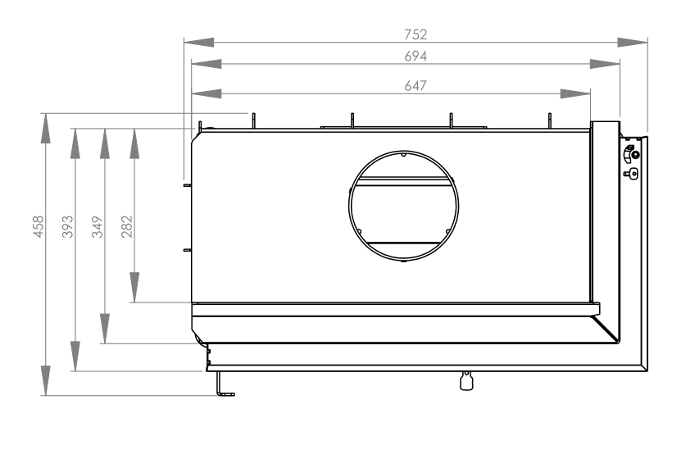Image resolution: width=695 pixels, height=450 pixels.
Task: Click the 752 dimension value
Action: click(416, 34)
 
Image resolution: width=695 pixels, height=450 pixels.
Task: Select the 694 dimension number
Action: click(416, 57)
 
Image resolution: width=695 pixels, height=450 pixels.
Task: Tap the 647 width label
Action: click(416, 85)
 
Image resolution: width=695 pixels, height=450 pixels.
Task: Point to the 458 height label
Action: click(39, 226)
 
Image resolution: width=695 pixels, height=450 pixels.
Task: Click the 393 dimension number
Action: click(67, 226)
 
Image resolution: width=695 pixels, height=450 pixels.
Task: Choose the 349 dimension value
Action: click(97, 226)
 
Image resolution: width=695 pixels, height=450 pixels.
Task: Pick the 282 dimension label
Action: click(127, 226)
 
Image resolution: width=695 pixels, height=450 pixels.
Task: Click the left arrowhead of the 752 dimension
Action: click(199, 43)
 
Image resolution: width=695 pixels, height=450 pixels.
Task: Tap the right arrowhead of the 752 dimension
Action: click(633, 43)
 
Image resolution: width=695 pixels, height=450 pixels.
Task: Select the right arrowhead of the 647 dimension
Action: click(575, 93)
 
